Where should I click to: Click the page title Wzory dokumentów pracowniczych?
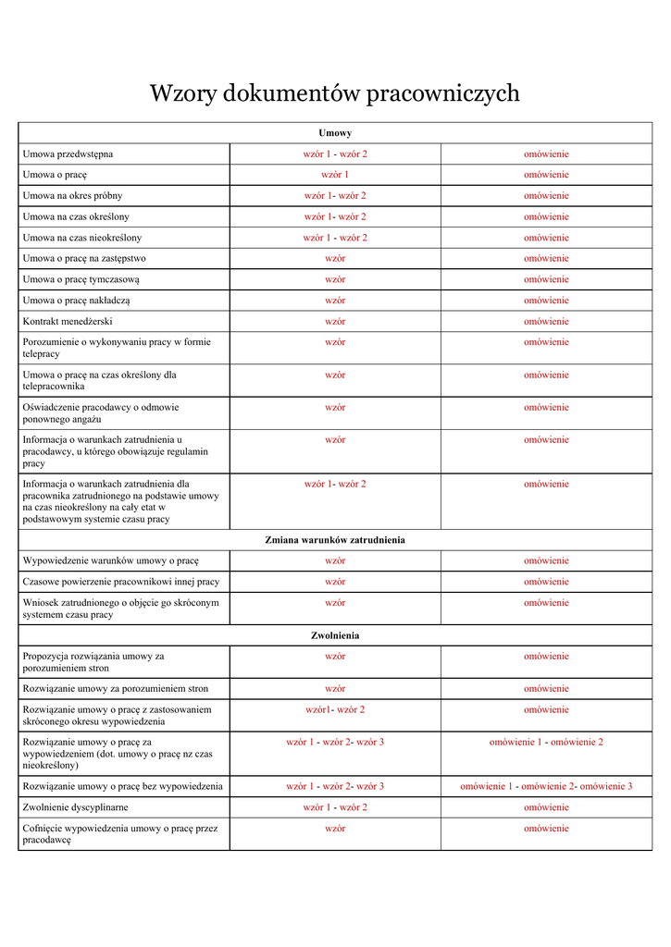(335, 93)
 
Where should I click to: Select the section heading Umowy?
(335, 133)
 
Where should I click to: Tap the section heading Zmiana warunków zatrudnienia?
(335, 539)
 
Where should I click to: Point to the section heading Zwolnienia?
(335, 635)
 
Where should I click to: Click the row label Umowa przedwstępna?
(68, 154)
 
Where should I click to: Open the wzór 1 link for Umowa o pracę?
(335, 175)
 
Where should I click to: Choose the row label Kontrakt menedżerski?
(68, 322)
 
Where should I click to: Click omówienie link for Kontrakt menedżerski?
(546, 322)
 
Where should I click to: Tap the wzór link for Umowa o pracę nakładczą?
(335, 301)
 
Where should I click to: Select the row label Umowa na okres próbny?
(72, 196)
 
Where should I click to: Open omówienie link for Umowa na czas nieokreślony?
(546, 238)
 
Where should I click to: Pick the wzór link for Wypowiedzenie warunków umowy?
(335, 560)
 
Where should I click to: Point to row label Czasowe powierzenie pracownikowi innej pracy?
(120, 582)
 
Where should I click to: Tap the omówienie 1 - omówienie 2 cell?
(546, 742)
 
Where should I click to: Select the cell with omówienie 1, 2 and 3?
(546, 786)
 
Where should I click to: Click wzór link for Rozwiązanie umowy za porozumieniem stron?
(335, 688)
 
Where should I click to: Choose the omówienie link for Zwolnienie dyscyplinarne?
(546, 807)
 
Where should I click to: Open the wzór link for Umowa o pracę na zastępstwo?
(335, 258)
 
